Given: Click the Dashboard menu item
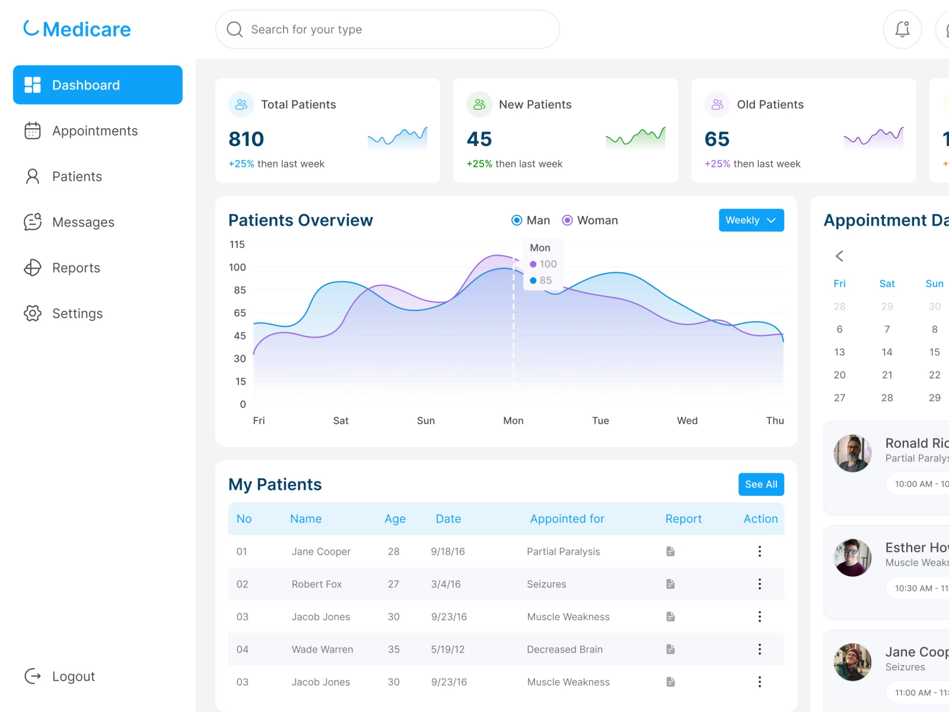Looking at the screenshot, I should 97,85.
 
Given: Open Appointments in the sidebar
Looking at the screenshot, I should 94,131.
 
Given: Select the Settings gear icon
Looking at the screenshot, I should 33,313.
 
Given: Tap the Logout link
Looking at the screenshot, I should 72,676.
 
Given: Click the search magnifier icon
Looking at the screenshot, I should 235,30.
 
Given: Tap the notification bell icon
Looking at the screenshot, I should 902,29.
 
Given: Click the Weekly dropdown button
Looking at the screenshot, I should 751,220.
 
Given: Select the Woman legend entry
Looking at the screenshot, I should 590,220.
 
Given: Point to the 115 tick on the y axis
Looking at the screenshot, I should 237,244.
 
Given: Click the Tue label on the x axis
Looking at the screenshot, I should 600,421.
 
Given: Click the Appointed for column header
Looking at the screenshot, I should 567,519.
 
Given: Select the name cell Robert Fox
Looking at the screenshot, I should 317,584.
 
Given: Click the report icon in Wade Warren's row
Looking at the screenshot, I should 670,649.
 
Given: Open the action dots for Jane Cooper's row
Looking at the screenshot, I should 759,551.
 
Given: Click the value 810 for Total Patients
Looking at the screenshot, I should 246,139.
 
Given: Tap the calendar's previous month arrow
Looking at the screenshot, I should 839,256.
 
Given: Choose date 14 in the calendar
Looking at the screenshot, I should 887,352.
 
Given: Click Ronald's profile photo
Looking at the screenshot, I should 852,453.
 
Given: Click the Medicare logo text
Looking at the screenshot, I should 87,29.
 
